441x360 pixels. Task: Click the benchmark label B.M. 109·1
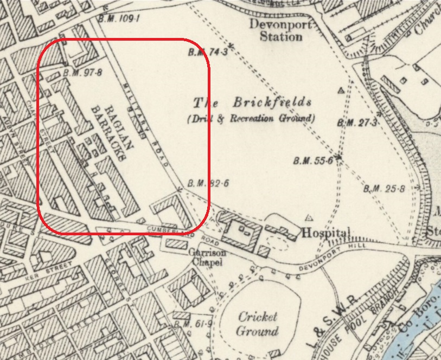[x=120, y=18]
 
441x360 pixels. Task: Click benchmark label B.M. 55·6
[x=312, y=160]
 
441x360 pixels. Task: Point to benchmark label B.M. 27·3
[x=356, y=123]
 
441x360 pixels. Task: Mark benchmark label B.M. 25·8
[x=384, y=188]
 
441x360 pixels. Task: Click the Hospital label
[x=325, y=233]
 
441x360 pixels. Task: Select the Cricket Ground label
[x=258, y=324]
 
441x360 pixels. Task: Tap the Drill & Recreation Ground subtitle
[x=250, y=118]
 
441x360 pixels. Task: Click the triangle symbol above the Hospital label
[x=309, y=218]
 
